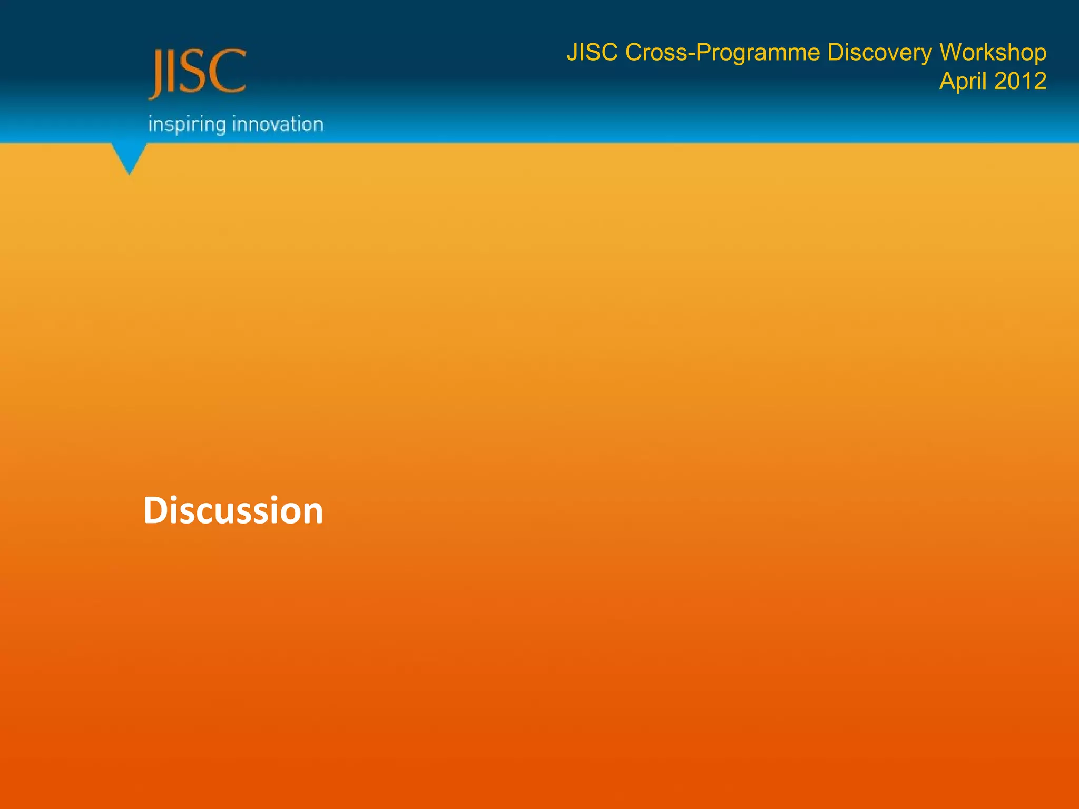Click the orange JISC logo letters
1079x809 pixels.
198,72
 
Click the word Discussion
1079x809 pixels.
233,510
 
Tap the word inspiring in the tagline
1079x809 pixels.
187,125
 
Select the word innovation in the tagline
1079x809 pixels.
278,124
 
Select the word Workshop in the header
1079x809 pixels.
993,53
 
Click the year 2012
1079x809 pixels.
1020,81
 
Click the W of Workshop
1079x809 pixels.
952,53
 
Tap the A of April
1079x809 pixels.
947,81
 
